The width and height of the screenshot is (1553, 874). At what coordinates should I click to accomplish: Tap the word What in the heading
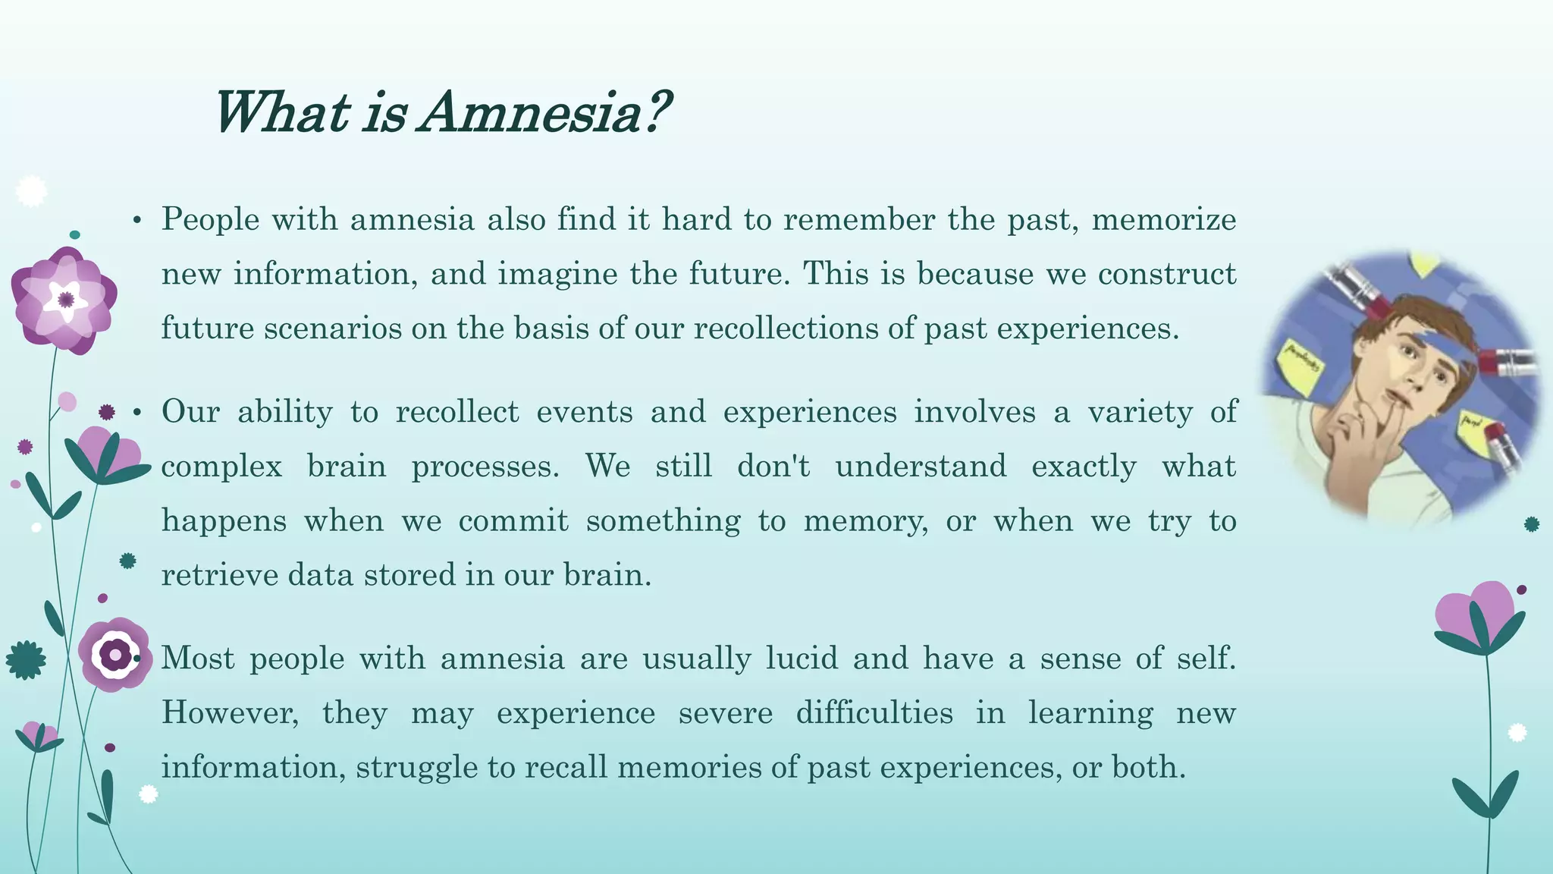281,112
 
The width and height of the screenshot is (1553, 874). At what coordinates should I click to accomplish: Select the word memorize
1164,219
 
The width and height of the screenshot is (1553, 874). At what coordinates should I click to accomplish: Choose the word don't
773,466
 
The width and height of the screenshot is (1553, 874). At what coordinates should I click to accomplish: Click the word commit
513,521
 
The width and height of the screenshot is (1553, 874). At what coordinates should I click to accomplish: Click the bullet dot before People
136,221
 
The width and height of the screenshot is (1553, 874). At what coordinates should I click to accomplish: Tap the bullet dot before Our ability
136,413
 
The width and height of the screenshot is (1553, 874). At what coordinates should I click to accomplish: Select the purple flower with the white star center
65,299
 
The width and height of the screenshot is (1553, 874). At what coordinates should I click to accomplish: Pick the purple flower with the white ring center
115,654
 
